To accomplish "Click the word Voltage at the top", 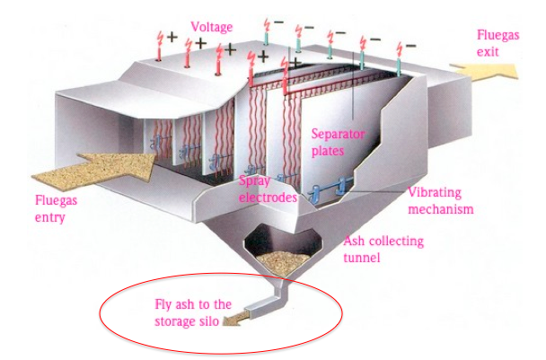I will [212, 28].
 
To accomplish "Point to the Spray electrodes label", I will [268, 189].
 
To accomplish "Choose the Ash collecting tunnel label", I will [384, 249].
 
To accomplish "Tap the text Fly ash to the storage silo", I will [194, 312].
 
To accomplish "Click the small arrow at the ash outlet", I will [234, 320].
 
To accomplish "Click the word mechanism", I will [440, 209].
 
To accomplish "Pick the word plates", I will [329, 150].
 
